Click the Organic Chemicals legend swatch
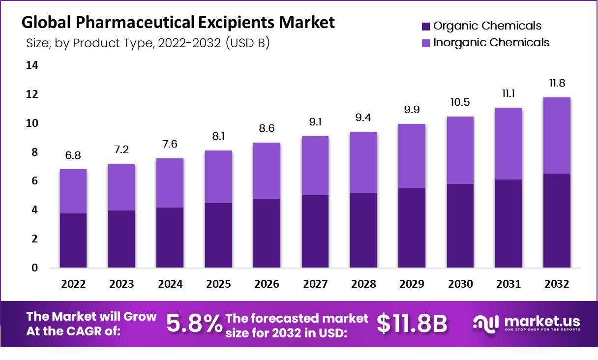pyautogui.click(x=426, y=26)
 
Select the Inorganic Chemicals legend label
pyautogui.click(x=491, y=42)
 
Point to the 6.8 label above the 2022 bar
pyautogui.click(x=73, y=155)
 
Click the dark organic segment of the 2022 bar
pyautogui.click(x=73, y=240)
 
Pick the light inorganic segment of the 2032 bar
pyautogui.click(x=557, y=135)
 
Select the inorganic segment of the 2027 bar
pyautogui.click(x=315, y=166)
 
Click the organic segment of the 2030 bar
pyautogui.click(x=460, y=226)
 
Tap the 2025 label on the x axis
pyautogui.click(x=218, y=284)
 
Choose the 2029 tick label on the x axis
pyautogui.click(x=412, y=284)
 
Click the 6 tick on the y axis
pyautogui.click(x=34, y=181)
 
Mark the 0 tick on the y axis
pyautogui.click(x=34, y=268)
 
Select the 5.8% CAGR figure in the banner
pyautogui.click(x=194, y=323)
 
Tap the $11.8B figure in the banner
pyautogui.click(x=412, y=323)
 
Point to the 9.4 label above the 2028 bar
pyautogui.click(x=363, y=118)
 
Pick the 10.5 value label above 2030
pyautogui.click(x=460, y=102)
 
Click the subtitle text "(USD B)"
pyautogui.click(x=247, y=43)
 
